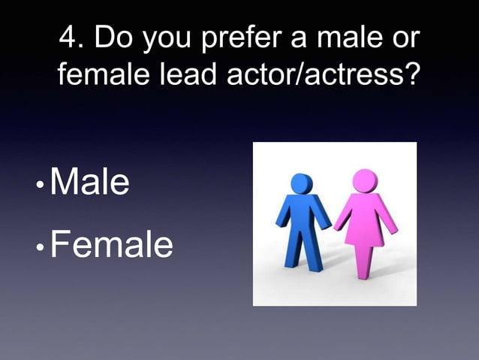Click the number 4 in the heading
[68, 39]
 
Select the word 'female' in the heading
[98, 77]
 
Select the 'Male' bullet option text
[89, 183]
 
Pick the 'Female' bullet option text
[111, 244]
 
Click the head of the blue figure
[302, 183]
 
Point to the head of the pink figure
[365, 180]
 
